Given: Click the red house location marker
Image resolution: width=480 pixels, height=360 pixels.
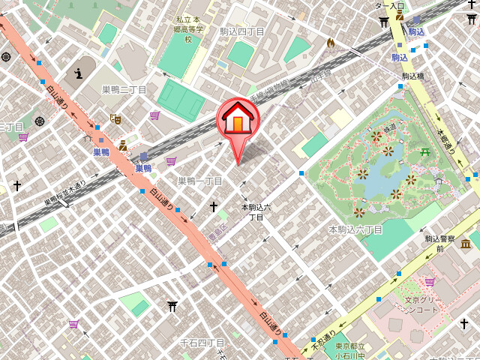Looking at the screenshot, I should tap(238, 120).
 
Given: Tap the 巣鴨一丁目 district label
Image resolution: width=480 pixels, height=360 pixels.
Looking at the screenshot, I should tap(200, 181).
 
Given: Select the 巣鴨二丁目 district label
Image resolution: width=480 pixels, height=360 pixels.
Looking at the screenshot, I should tap(124, 89).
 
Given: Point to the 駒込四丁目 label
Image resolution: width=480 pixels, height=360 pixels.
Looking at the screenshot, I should tap(241, 31).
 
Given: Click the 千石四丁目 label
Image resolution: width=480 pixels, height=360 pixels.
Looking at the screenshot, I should tap(202, 343).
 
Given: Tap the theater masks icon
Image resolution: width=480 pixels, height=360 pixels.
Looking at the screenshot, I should tap(115, 118).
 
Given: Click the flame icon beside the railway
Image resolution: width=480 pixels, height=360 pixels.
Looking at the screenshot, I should tap(330, 43).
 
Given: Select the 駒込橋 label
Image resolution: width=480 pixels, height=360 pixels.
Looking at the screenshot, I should tap(413, 76).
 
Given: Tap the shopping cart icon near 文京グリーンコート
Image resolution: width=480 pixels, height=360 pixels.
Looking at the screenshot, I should tap(430, 282).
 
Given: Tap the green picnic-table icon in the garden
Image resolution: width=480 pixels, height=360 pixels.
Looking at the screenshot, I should tap(425, 151).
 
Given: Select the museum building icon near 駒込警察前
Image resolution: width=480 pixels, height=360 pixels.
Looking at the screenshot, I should tap(466, 244).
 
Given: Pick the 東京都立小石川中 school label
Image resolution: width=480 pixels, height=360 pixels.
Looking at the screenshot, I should tap(350, 350).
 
